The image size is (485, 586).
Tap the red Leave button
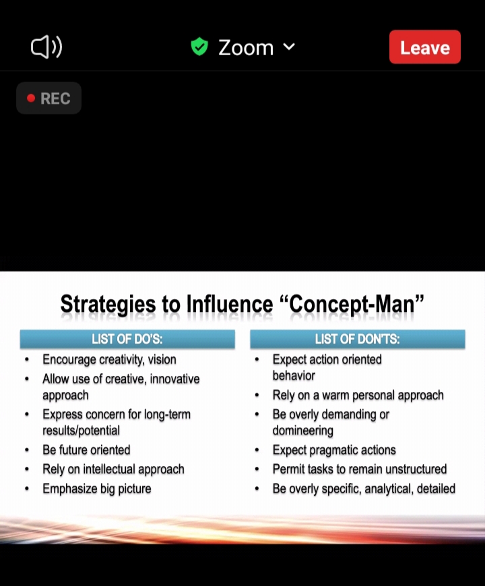click(425, 47)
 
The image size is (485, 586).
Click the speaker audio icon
click(46, 47)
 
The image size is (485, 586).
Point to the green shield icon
click(199, 46)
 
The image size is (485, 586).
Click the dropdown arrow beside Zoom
click(289, 46)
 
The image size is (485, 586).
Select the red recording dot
click(31, 98)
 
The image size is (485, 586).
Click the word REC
click(55, 98)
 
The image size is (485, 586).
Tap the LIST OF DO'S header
click(127, 339)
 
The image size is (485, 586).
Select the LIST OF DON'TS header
click(358, 339)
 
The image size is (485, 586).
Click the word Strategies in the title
click(108, 304)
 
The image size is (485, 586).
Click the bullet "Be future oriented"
click(86, 450)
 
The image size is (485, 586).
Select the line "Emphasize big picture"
click(97, 489)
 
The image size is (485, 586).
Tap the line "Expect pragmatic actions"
click(334, 450)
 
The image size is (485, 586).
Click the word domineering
click(303, 430)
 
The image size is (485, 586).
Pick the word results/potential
click(81, 430)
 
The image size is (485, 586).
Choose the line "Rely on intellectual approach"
click(114, 469)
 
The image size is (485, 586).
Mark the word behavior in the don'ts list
click(294, 376)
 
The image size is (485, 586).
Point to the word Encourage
click(69, 360)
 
